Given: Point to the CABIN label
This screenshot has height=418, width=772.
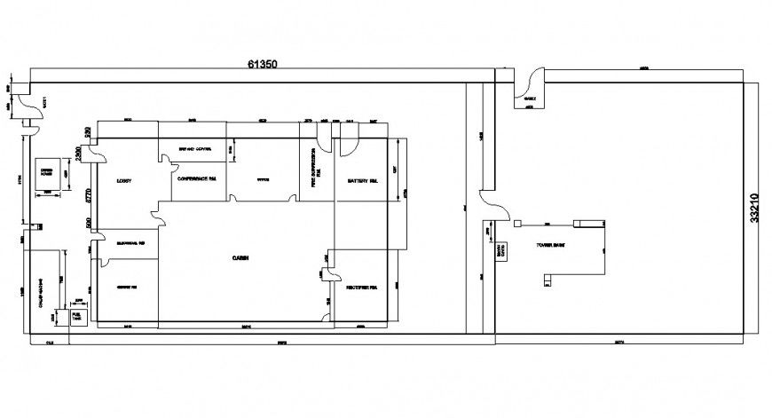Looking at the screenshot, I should click(x=240, y=257).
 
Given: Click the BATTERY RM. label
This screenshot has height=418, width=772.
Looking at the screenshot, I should click(x=363, y=179).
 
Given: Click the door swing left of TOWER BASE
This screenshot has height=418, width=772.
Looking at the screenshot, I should click(x=493, y=213).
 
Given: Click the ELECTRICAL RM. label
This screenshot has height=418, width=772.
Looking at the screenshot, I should click(x=128, y=242).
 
